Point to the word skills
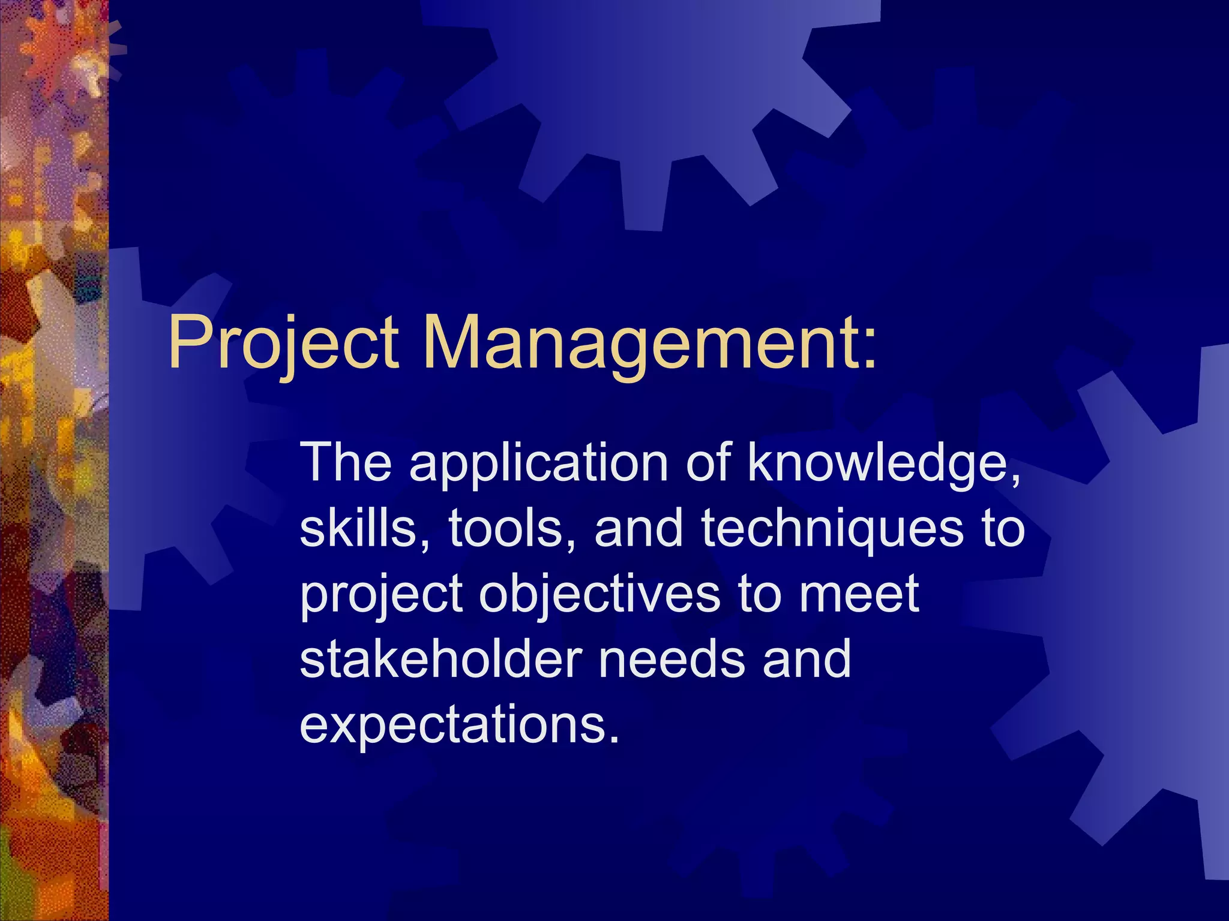362,528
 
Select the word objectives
600,595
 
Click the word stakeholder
441,659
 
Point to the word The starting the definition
346,463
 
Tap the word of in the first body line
708,463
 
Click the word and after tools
639,528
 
